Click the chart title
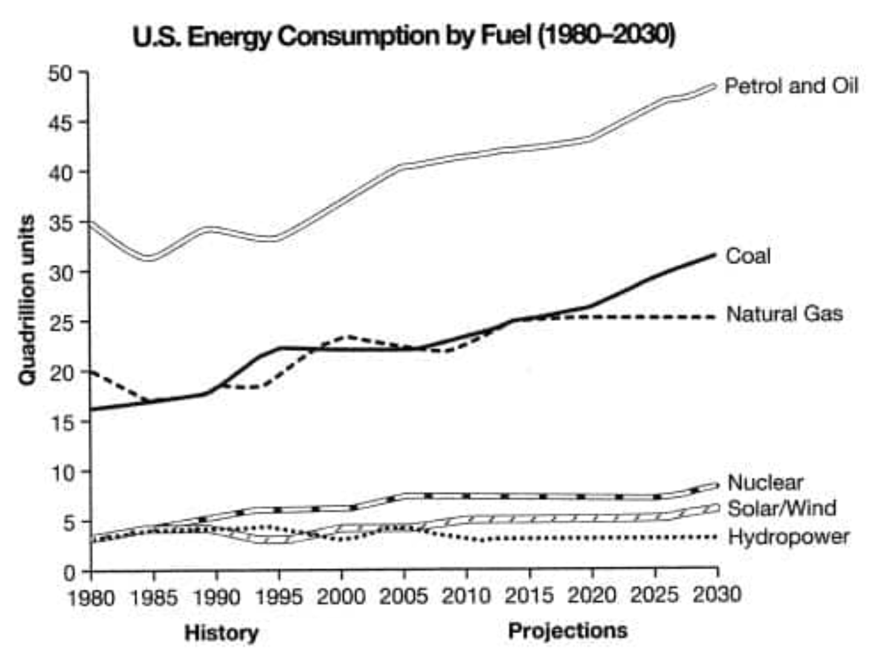pyautogui.click(x=404, y=37)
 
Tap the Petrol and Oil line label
pyautogui.click(x=791, y=86)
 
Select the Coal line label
pyautogui.click(x=748, y=256)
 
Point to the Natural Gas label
pyautogui.click(x=785, y=314)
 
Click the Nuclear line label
pyautogui.click(x=766, y=482)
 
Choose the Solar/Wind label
pyautogui.click(x=782, y=508)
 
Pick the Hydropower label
pyautogui.click(x=789, y=537)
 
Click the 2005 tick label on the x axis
pyautogui.click(x=403, y=597)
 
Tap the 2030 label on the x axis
pyautogui.click(x=717, y=595)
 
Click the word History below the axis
pyautogui.click(x=222, y=633)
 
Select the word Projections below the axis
pyautogui.click(x=567, y=630)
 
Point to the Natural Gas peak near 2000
pyautogui.click(x=349, y=337)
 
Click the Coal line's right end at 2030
pyautogui.click(x=715, y=255)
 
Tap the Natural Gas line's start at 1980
pyautogui.click(x=91, y=371)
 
